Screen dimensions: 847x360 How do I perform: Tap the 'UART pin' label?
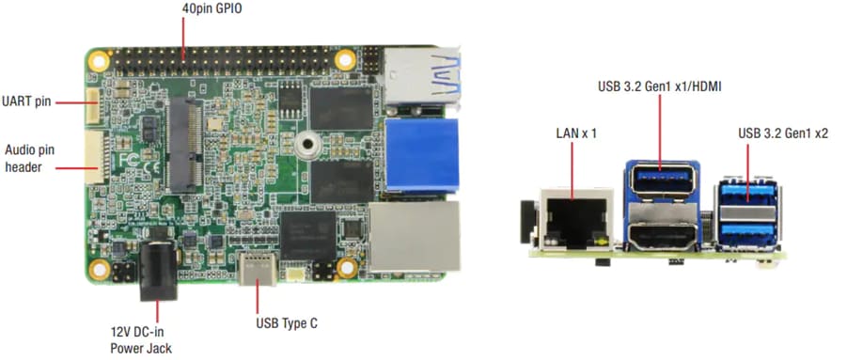click(x=26, y=101)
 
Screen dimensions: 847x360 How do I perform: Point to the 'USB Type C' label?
click(x=287, y=323)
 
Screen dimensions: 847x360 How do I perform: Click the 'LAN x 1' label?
click(x=576, y=134)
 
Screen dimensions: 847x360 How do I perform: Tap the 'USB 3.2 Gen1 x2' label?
click(x=783, y=134)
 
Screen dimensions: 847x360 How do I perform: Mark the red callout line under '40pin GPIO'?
click(x=184, y=38)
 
